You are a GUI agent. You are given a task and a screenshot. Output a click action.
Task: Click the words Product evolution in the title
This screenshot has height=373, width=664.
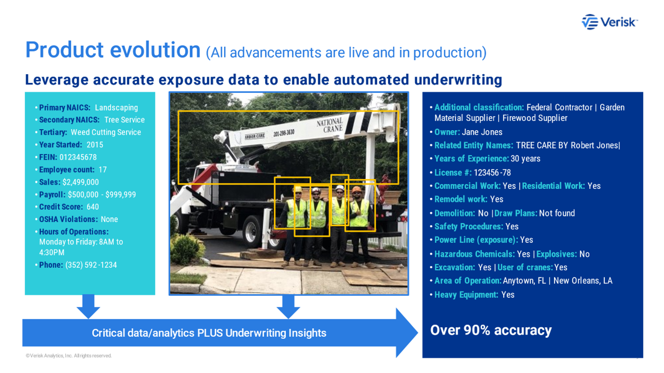coord(113,49)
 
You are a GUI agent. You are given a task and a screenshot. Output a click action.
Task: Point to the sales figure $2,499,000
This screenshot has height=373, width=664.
coord(81,182)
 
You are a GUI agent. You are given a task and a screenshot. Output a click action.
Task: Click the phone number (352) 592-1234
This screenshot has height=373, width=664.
coord(91,265)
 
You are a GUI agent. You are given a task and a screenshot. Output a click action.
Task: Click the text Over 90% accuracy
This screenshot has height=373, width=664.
coord(491,330)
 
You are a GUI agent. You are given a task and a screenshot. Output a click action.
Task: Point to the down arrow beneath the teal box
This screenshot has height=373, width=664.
coord(88,307)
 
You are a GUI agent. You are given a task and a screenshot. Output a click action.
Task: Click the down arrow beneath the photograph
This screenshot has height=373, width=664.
coord(288,307)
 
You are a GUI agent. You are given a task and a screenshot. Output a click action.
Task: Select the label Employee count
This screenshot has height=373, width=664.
coord(67,170)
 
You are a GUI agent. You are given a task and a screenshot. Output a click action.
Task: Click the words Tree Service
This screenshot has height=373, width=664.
coord(124,120)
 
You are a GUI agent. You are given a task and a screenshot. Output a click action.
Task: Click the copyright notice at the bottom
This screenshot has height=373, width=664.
coord(69,356)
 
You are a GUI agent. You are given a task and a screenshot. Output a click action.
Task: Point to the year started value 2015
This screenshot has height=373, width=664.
coord(95,145)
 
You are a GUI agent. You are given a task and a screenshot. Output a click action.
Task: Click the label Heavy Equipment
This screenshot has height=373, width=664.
coord(466,295)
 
